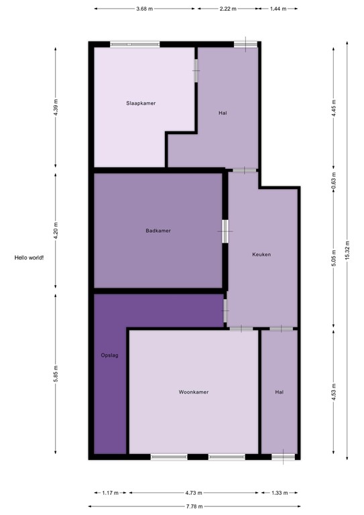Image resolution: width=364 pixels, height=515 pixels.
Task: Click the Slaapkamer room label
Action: click(x=140, y=103)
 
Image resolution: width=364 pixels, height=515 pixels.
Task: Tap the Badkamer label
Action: click(x=158, y=231)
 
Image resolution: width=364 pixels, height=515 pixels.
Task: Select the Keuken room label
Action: click(x=261, y=254)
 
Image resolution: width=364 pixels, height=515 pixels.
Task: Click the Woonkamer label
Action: click(x=193, y=392)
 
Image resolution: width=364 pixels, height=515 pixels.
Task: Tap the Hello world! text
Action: click(x=29, y=257)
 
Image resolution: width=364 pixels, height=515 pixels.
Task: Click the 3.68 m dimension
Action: click(x=144, y=9)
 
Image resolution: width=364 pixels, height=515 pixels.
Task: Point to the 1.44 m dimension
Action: click(x=278, y=9)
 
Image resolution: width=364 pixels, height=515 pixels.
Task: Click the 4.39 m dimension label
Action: click(x=56, y=107)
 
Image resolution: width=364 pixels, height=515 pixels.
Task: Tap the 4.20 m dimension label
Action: click(x=56, y=231)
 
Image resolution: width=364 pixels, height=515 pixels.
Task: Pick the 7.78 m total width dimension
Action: click(x=194, y=506)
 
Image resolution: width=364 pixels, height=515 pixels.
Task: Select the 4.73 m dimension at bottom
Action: click(x=194, y=492)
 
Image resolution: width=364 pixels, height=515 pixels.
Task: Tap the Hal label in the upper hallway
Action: click(x=223, y=113)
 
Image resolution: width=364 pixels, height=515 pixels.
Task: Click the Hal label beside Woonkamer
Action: click(x=279, y=392)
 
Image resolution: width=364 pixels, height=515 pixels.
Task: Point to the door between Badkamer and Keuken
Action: click(x=225, y=232)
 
